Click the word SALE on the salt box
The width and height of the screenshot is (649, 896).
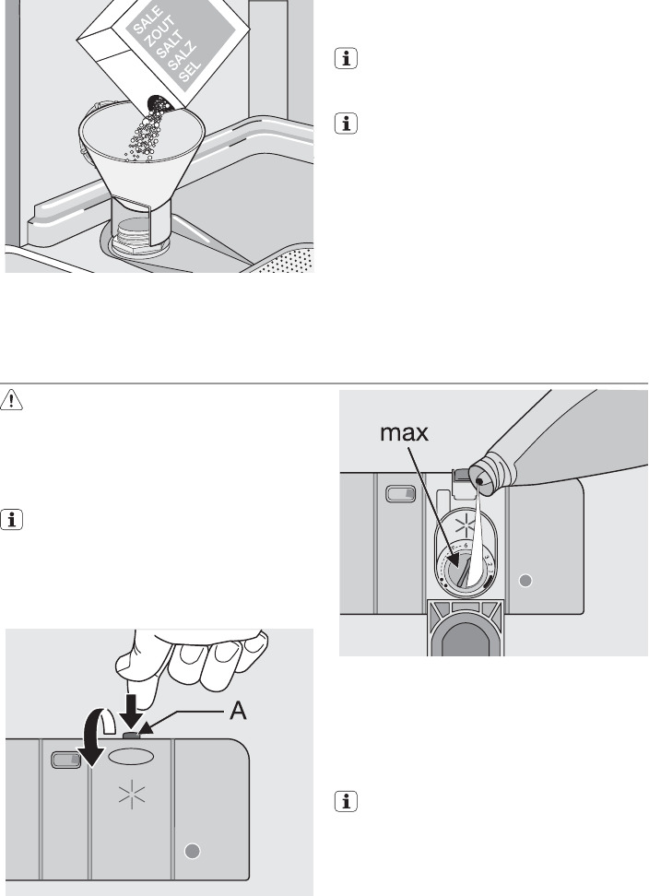(147, 20)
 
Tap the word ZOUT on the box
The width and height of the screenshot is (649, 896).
(159, 32)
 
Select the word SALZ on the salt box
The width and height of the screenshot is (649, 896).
(183, 55)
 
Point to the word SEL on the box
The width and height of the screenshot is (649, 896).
(190, 70)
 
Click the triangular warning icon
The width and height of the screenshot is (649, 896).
(11, 400)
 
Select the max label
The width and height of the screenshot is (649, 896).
(404, 433)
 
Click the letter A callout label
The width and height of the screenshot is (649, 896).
(238, 711)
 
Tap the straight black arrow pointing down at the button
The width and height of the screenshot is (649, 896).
(132, 712)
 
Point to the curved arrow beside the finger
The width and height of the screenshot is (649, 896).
(95, 737)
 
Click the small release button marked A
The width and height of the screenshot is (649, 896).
(131, 735)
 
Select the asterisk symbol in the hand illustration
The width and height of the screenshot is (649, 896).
(132, 795)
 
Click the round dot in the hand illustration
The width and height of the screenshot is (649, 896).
(193, 851)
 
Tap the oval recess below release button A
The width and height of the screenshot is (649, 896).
(131, 757)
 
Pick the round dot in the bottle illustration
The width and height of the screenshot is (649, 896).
(525, 581)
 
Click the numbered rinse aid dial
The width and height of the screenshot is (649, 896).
(465, 570)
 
